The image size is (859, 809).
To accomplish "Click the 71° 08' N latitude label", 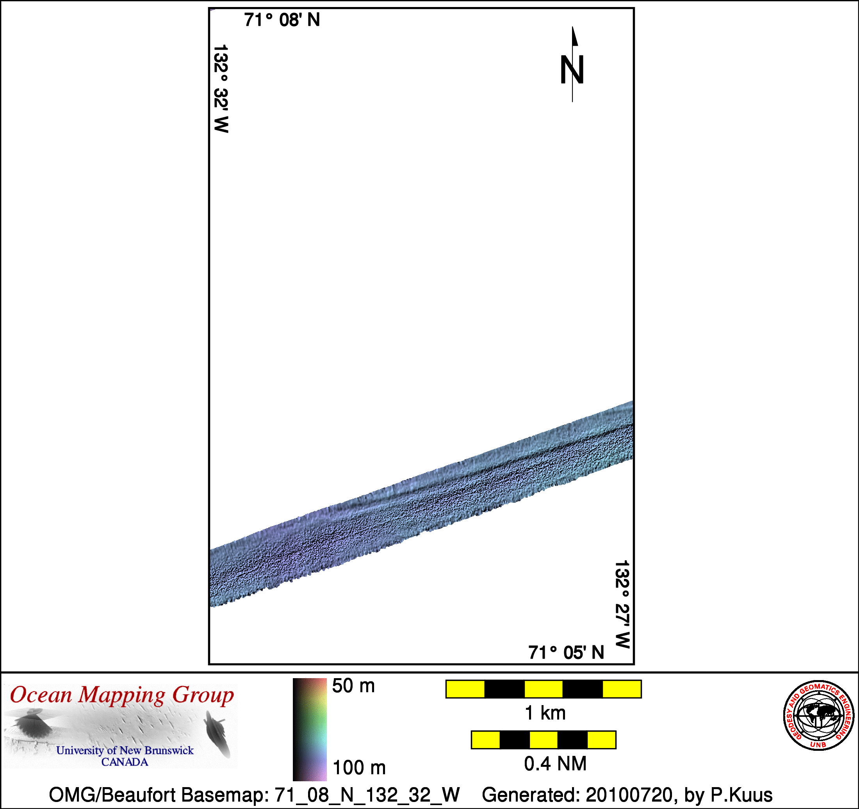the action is point(282,20).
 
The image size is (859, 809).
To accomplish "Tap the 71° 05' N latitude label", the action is point(566,653).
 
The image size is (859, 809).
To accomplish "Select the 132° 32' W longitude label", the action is point(221,88).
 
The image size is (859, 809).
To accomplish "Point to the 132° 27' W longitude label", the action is point(622,604).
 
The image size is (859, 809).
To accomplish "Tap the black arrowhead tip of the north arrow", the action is point(573,27).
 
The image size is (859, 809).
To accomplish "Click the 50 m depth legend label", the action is point(353,686).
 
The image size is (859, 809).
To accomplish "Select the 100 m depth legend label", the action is point(359,768).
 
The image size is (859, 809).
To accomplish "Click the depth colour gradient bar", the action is point(310,729).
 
